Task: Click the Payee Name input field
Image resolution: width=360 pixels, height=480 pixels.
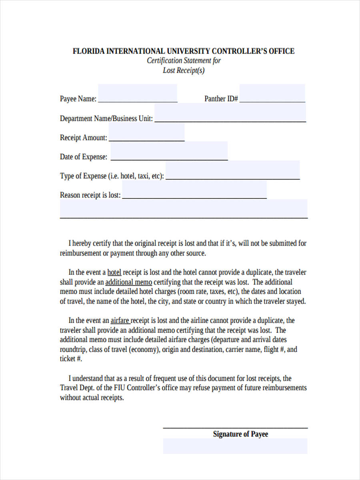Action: click(137, 94)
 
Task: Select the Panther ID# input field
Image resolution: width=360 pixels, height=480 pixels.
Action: click(272, 94)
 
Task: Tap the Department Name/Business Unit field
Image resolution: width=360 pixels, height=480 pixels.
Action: click(230, 113)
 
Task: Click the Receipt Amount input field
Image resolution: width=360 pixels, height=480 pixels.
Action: click(146, 132)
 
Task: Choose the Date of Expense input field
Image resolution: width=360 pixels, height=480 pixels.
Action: click(169, 151)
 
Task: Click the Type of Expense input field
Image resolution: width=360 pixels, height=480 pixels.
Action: click(232, 170)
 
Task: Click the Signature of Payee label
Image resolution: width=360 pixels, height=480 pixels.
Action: click(240, 434)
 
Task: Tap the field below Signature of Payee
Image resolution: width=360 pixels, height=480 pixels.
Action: click(235, 446)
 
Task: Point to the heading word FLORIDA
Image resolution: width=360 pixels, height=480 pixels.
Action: click(88, 51)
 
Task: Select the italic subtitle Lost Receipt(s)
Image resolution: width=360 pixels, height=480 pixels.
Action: click(184, 70)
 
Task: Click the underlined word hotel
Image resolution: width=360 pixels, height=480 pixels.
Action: click(114, 272)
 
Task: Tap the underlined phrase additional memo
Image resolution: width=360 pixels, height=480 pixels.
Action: click(128, 282)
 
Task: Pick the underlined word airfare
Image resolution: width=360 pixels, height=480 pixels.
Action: click(120, 320)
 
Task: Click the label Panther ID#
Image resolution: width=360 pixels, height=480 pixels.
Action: click(221, 99)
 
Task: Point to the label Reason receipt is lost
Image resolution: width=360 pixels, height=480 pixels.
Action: click(90, 195)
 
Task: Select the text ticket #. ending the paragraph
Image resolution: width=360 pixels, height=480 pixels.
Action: click(71, 359)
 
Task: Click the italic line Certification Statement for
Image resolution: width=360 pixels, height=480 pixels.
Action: click(184, 61)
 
